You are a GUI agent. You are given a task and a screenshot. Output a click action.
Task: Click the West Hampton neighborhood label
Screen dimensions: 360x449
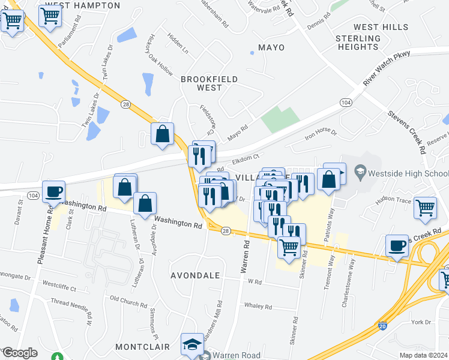pyautogui.click(x=91, y=5)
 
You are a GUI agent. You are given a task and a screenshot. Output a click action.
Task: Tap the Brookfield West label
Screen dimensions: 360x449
pyautogui.click(x=209, y=83)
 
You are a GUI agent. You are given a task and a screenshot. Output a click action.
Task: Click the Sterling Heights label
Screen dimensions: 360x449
pyautogui.click(x=358, y=43)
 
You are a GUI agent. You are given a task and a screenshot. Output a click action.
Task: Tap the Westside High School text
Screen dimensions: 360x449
pyautogui.click(x=408, y=173)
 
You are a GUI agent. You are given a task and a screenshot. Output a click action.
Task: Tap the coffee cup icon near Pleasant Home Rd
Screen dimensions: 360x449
pyautogui.click(x=54, y=192)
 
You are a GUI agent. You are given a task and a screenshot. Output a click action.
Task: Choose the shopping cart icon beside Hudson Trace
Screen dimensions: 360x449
pyautogui.click(x=425, y=208)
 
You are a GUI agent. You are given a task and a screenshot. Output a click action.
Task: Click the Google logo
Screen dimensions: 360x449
pyautogui.click(x=20, y=353)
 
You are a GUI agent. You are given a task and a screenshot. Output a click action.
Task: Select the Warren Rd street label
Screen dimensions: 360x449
pyautogui.click(x=246, y=257)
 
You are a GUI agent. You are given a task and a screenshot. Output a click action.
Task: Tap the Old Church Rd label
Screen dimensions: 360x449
pyautogui.click(x=130, y=298)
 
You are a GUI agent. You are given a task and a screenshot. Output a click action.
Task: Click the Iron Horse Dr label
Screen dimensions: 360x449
pyautogui.click(x=321, y=134)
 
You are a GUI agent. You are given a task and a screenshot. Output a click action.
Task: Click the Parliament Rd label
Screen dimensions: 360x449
pyautogui.click(x=70, y=35)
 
